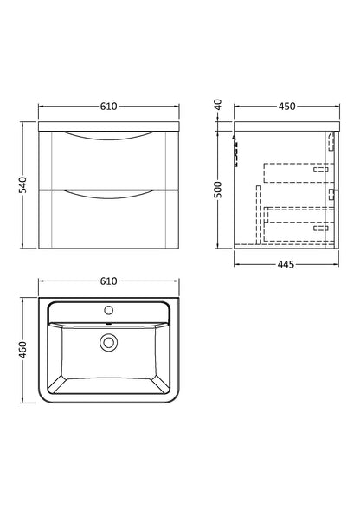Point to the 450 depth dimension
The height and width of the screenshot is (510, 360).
[x=286, y=107]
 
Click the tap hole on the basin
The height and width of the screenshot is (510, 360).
[x=109, y=308]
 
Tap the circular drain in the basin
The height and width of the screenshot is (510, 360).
[x=109, y=343]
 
